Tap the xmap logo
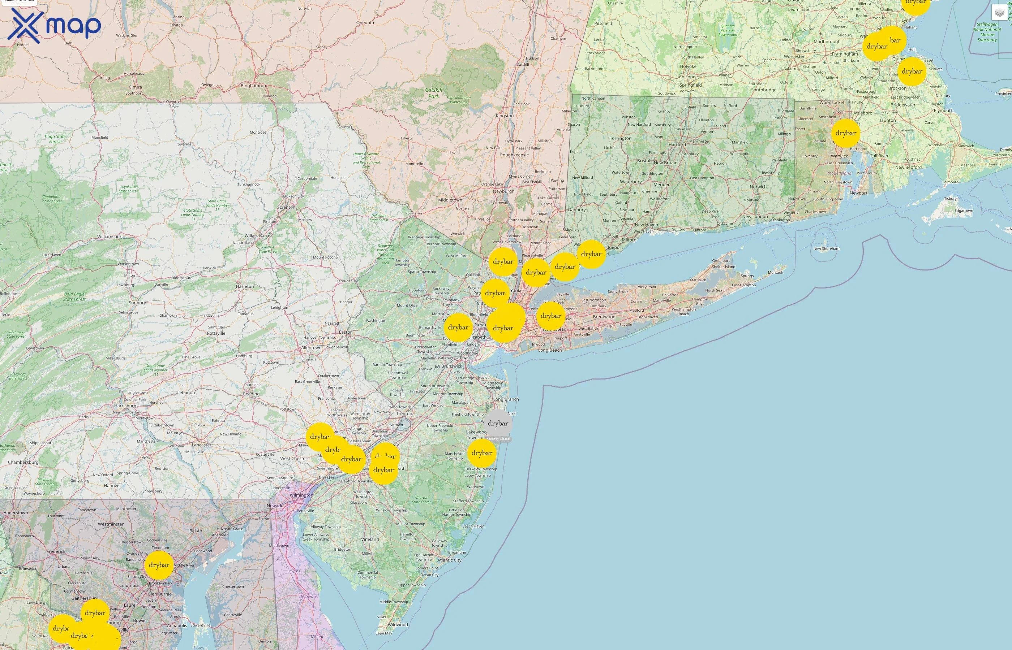pos(54,26)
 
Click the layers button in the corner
pos(999,13)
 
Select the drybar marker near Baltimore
pos(159,565)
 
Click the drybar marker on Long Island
pos(551,316)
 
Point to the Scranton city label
pos(286,207)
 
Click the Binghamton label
pos(253,86)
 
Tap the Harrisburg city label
pos(125,406)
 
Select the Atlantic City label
pos(449,560)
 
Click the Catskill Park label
pos(434,93)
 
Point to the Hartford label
pos(677,145)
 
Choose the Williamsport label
pos(110,237)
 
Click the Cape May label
pos(383,633)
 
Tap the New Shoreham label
pos(826,248)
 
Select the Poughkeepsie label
pos(514,155)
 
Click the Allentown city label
pos(311,348)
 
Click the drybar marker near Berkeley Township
pos(482,453)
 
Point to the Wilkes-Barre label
pos(257,235)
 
